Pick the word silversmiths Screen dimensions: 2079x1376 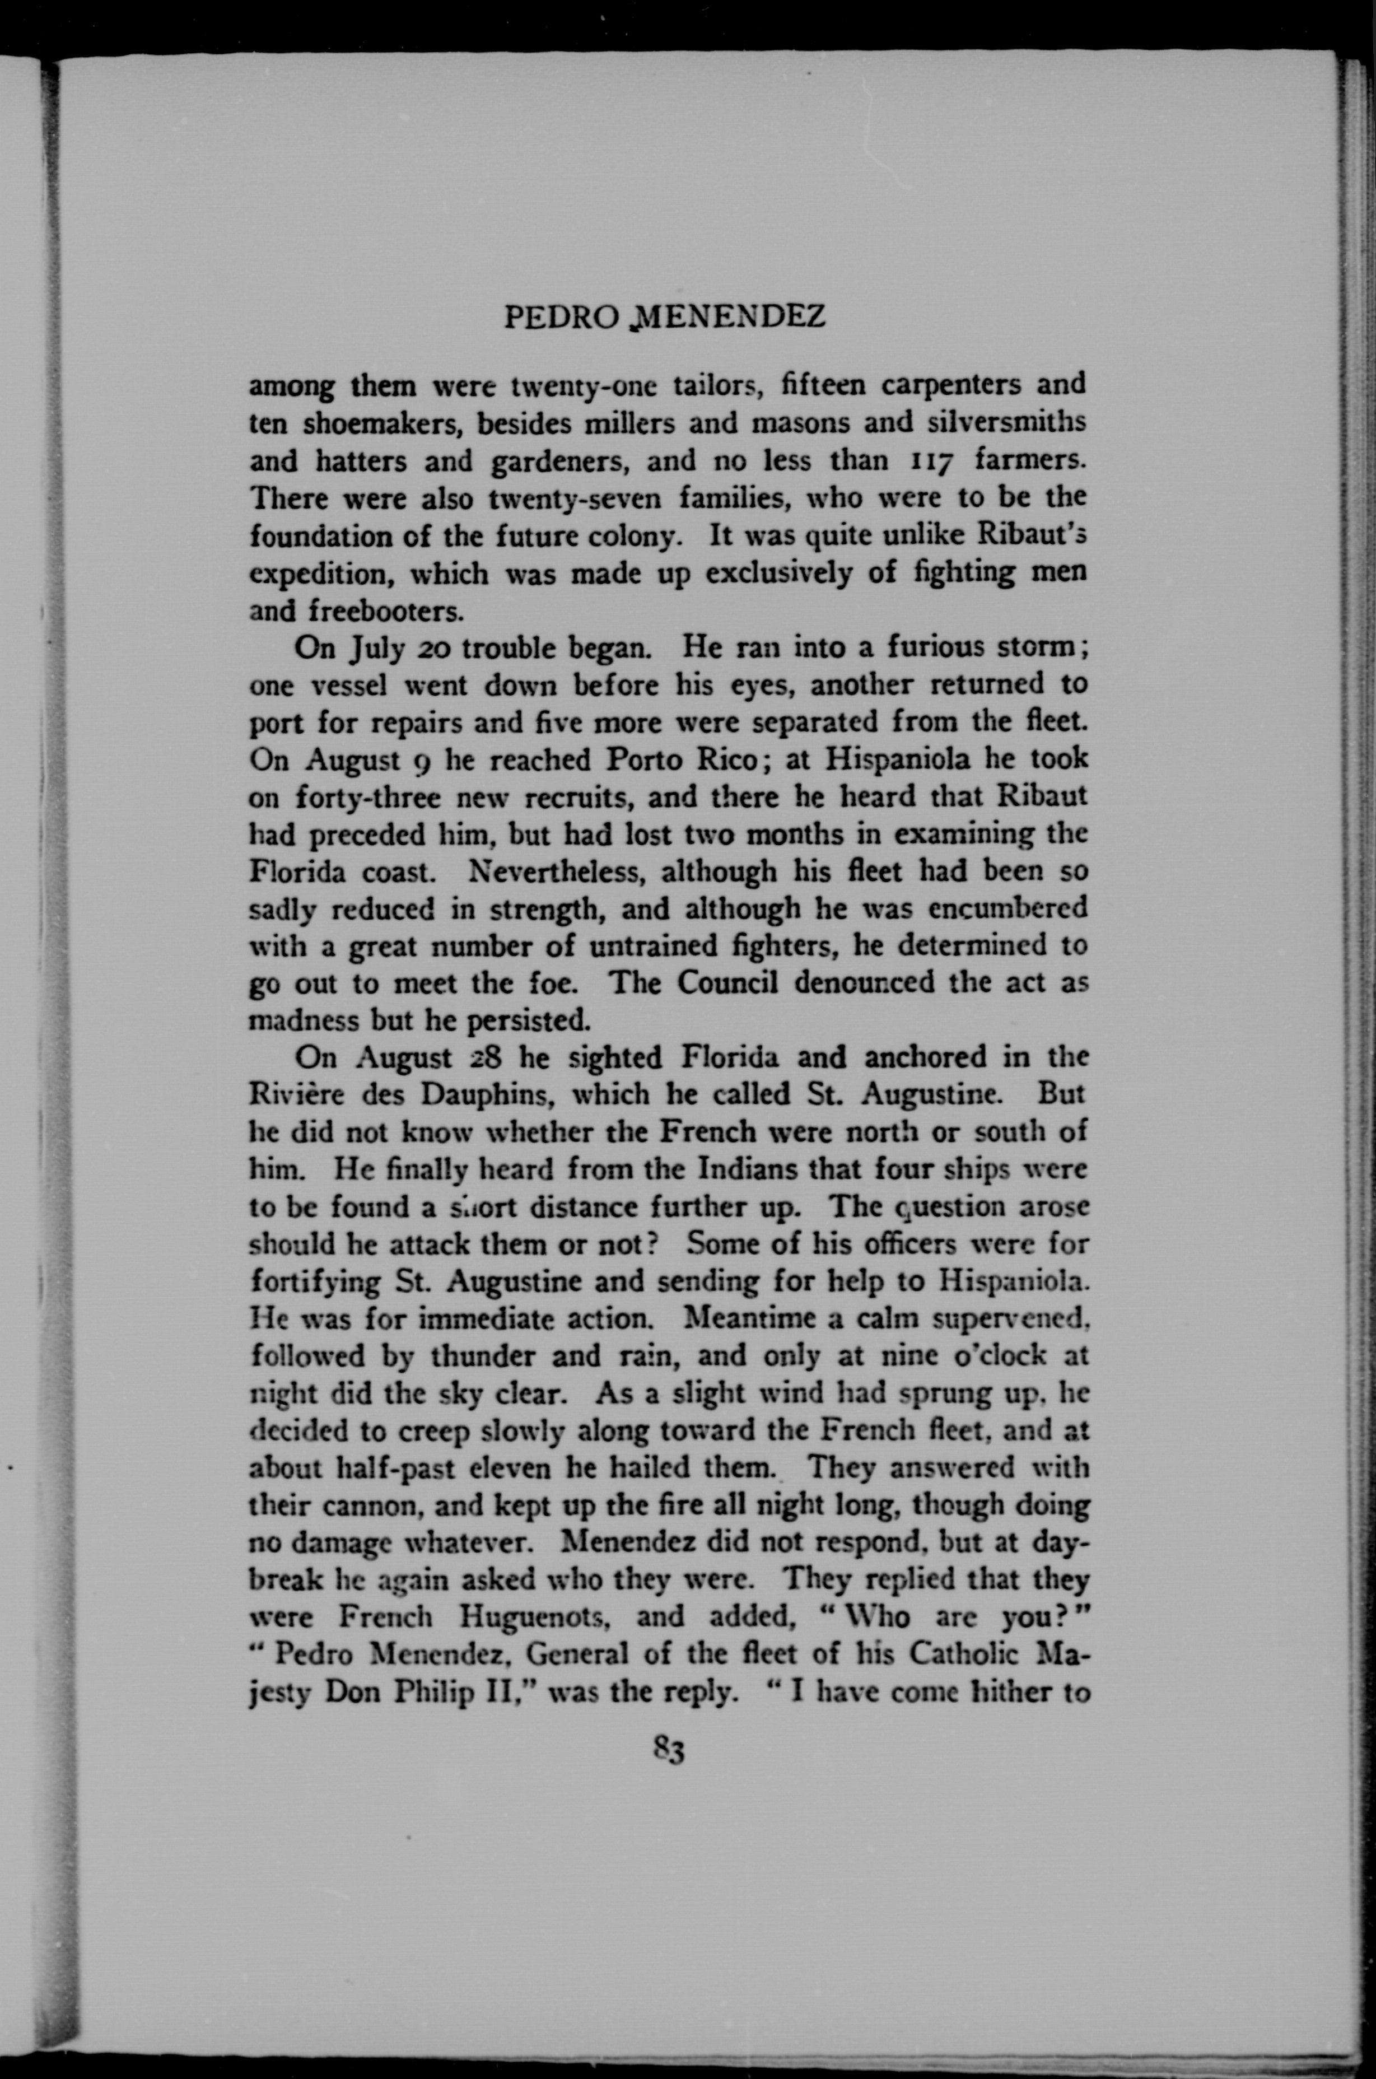tap(1006, 422)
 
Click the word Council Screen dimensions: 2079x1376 tap(727, 983)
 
